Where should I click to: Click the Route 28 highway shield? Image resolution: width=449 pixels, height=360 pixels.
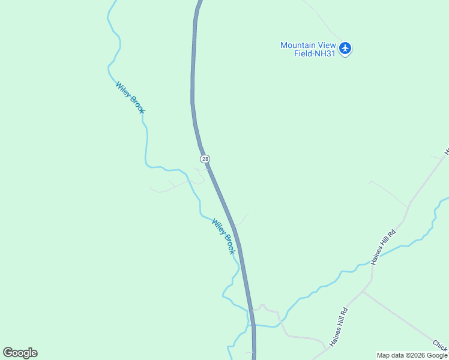tap(205, 158)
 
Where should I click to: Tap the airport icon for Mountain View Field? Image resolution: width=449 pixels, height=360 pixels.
tap(345, 48)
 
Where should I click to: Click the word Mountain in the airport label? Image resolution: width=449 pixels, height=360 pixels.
tap(298, 45)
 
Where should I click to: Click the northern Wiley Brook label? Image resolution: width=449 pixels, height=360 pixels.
tap(130, 98)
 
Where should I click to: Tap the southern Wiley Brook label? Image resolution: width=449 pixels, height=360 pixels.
tap(223, 236)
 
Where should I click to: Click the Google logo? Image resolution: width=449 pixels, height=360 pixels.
tap(20, 353)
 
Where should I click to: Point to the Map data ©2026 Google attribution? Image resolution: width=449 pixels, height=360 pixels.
tap(412, 355)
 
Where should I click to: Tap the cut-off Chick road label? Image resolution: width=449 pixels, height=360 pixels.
tap(440, 345)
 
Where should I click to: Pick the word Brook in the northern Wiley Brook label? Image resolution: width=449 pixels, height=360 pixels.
tap(137, 104)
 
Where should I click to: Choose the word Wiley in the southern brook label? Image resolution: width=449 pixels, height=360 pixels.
tap(218, 227)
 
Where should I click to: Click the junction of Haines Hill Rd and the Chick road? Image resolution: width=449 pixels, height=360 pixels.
tap(364, 292)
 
